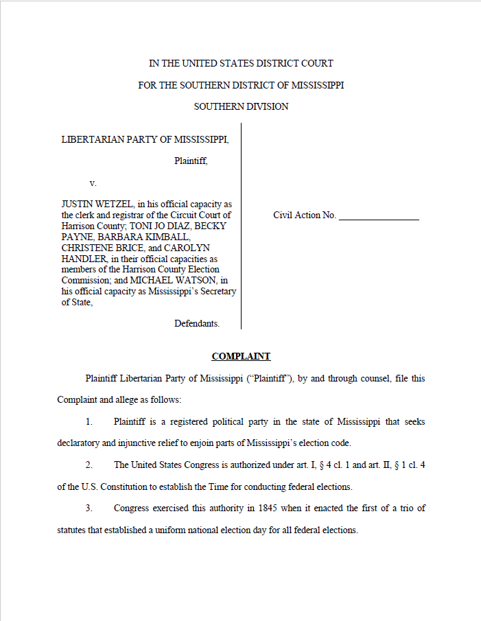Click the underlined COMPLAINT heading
click(241, 356)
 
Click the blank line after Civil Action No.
click(379, 215)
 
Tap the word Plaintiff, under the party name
click(190, 161)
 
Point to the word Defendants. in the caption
click(197, 323)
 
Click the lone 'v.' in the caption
click(93, 183)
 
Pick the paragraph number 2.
click(89, 465)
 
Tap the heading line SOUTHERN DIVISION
click(241, 106)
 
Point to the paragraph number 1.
click(89, 421)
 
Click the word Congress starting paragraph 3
click(131, 508)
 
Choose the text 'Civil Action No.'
click(304, 215)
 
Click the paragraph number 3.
click(89, 508)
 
